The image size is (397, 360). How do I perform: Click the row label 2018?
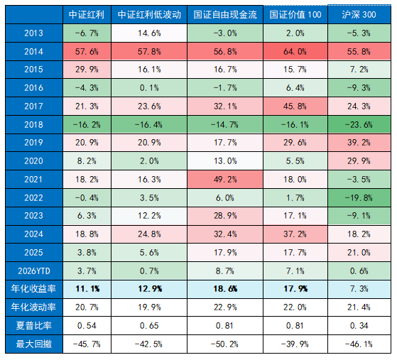(x=32, y=124)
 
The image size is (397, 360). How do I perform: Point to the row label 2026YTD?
(x=32, y=271)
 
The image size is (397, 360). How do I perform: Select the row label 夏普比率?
(x=32, y=326)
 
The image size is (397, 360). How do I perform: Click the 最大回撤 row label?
(x=32, y=344)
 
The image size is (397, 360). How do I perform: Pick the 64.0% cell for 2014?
(x=294, y=51)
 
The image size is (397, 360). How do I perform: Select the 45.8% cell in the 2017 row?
(x=294, y=106)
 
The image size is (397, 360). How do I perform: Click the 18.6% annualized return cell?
(x=226, y=289)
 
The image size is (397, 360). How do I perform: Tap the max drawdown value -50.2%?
(x=226, y=344)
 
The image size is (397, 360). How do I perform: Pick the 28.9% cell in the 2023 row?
(x=226, y=216)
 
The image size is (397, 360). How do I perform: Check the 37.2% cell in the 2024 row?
(x=294, y=234)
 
